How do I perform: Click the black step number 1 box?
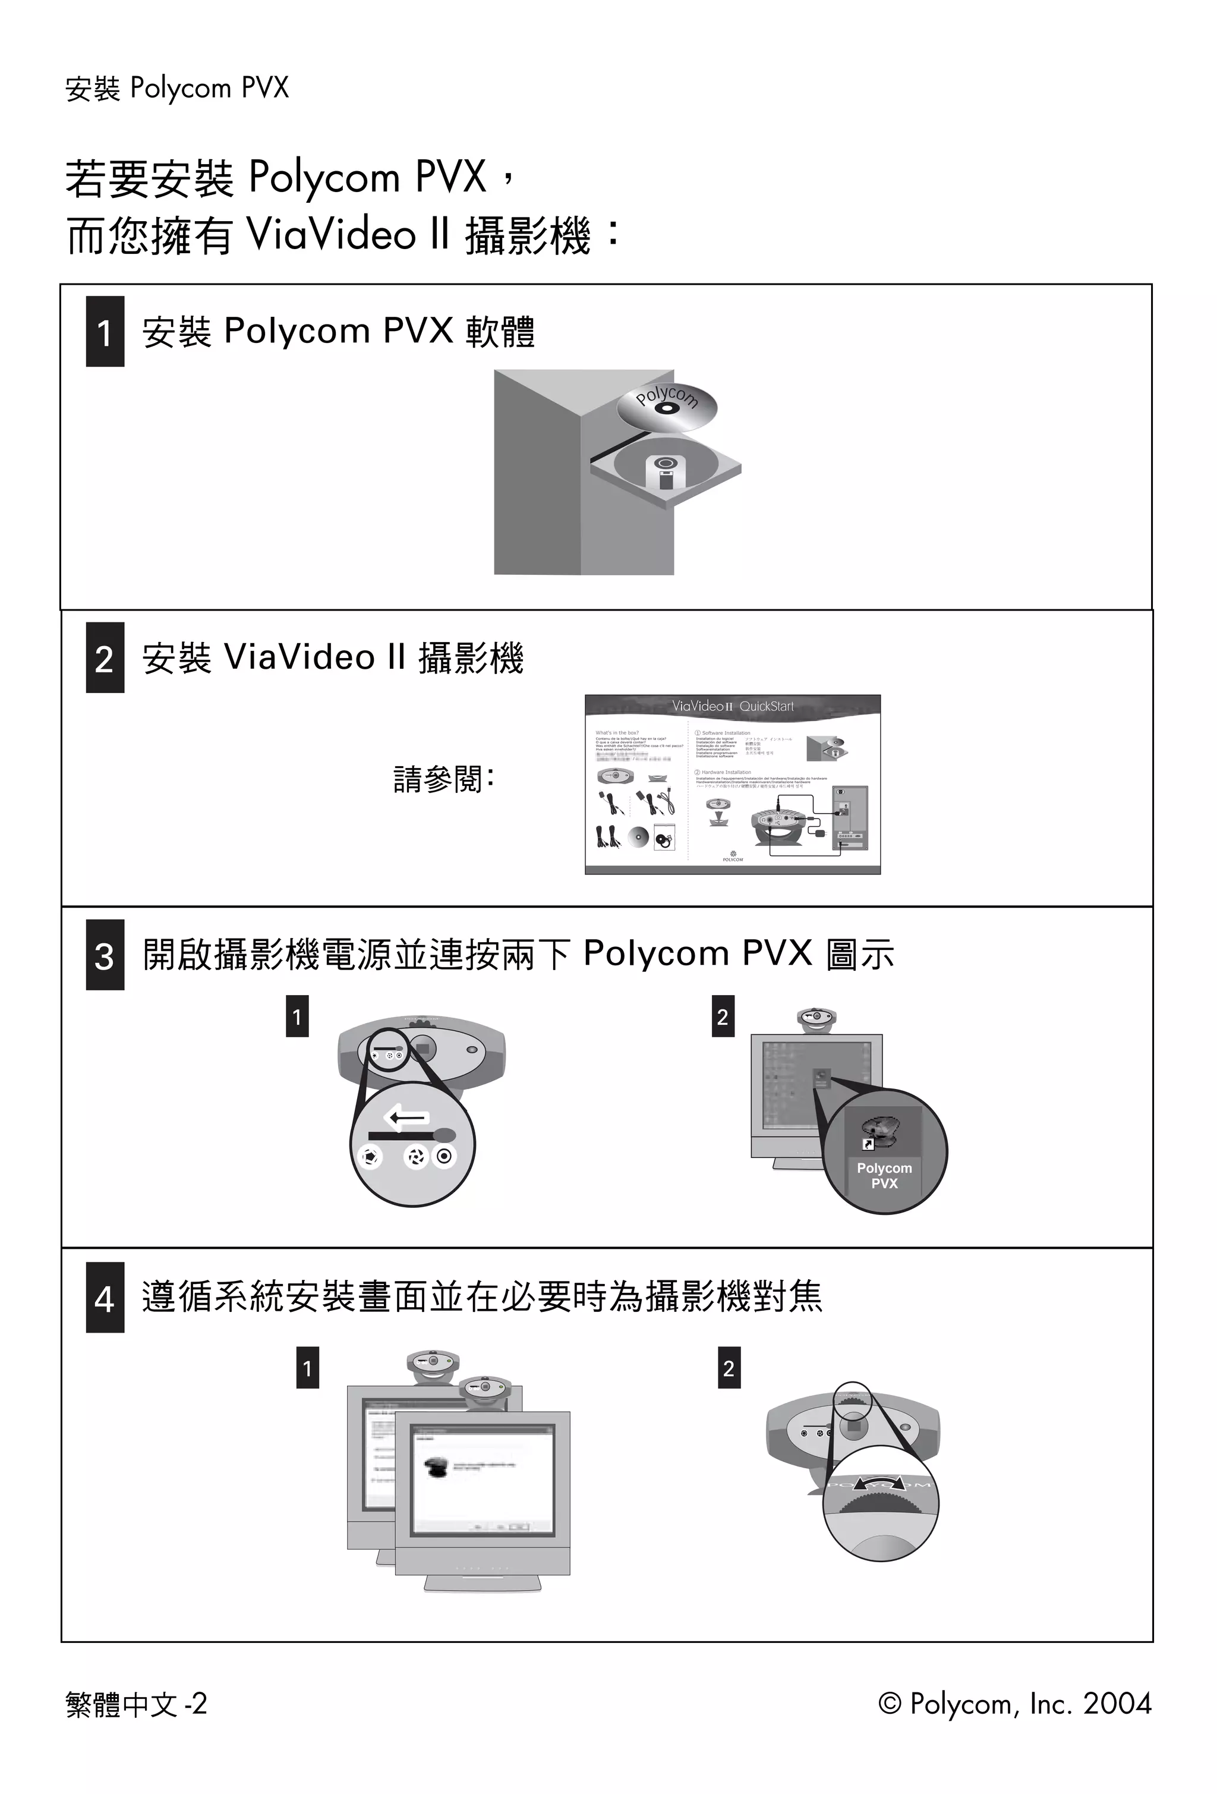coord(105,331)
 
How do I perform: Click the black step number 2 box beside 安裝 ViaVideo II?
coord(105,657)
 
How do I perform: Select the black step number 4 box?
coord(105,1298)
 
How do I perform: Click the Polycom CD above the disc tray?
coord(667,407)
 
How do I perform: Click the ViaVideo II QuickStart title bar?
coord(732,706)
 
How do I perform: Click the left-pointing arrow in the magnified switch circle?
coord(406,1116)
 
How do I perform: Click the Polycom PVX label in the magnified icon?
coord(884,1176)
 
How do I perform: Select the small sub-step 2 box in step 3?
coord(723,1016)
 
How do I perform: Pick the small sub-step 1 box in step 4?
coord(307,1368)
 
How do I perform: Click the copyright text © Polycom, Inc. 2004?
coord(1014,1703)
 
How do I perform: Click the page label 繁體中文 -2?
coord(137,1704)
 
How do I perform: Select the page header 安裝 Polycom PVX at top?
coord(176,88)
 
